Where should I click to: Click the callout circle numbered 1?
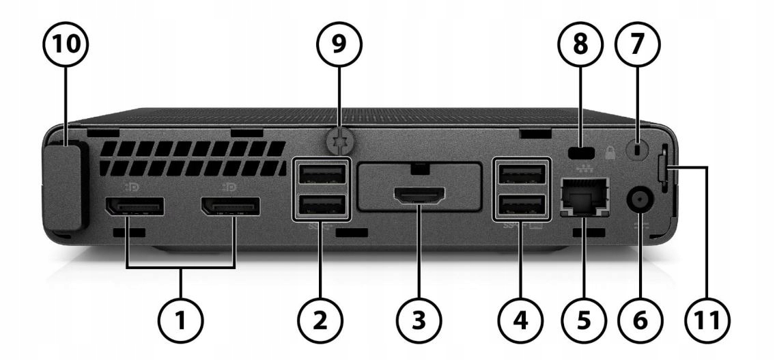point(181,318)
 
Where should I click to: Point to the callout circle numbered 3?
point(419,318)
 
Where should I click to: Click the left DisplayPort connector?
point(133,206)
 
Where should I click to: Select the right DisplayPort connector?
point(229,206)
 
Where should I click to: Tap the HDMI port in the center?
point(420,196)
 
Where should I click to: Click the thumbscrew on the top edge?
point(335,143)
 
